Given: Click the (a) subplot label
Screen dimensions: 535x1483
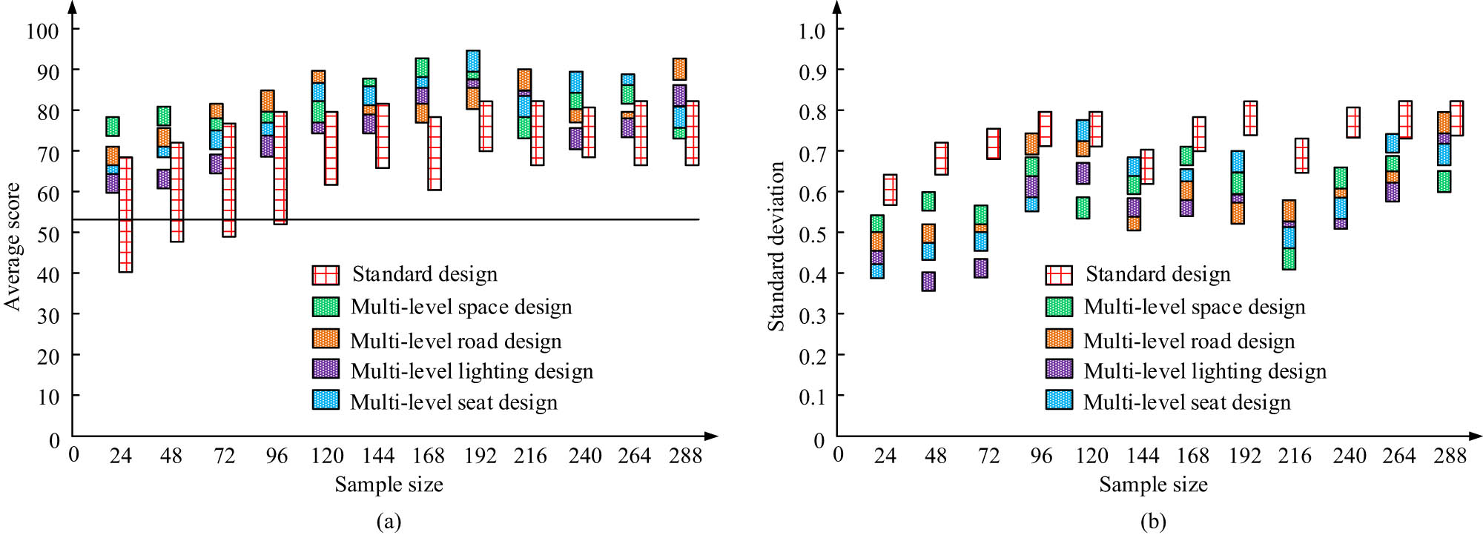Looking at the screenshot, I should click(389, 521).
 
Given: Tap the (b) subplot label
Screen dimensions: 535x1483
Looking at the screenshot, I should click(1153, 521).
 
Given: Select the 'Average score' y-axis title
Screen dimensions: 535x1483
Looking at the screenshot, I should click(13, 246).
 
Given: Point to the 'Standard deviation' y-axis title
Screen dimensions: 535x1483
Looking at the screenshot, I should click(776, 246).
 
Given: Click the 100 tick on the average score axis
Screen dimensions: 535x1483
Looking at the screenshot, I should click(42, 30).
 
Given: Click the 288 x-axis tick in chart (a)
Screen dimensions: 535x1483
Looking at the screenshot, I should click(685, 456).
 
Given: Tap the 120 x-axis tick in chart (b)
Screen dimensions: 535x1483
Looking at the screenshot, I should click(1092, 456).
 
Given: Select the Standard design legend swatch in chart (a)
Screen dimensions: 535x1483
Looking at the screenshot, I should click(326, 275).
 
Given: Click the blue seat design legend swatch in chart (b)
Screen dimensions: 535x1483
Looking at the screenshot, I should click(1059, 400).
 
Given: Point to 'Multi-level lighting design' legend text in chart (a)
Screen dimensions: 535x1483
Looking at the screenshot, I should click(472, 370).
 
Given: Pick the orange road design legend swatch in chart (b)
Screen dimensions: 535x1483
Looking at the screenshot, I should click(1059, 339).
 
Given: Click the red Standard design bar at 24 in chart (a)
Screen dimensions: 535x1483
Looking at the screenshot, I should click(125, 215).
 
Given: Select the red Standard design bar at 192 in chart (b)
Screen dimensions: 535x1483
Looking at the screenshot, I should click(1250, 119).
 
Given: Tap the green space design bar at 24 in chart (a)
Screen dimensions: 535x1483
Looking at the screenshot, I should click(113, 126).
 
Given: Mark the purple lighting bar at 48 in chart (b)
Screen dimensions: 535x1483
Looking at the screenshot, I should click(928, 282).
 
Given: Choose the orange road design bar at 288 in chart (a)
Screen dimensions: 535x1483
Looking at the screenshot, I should click(679, 69).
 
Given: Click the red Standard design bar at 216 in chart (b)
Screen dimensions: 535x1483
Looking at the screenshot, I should click(1301, 156).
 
